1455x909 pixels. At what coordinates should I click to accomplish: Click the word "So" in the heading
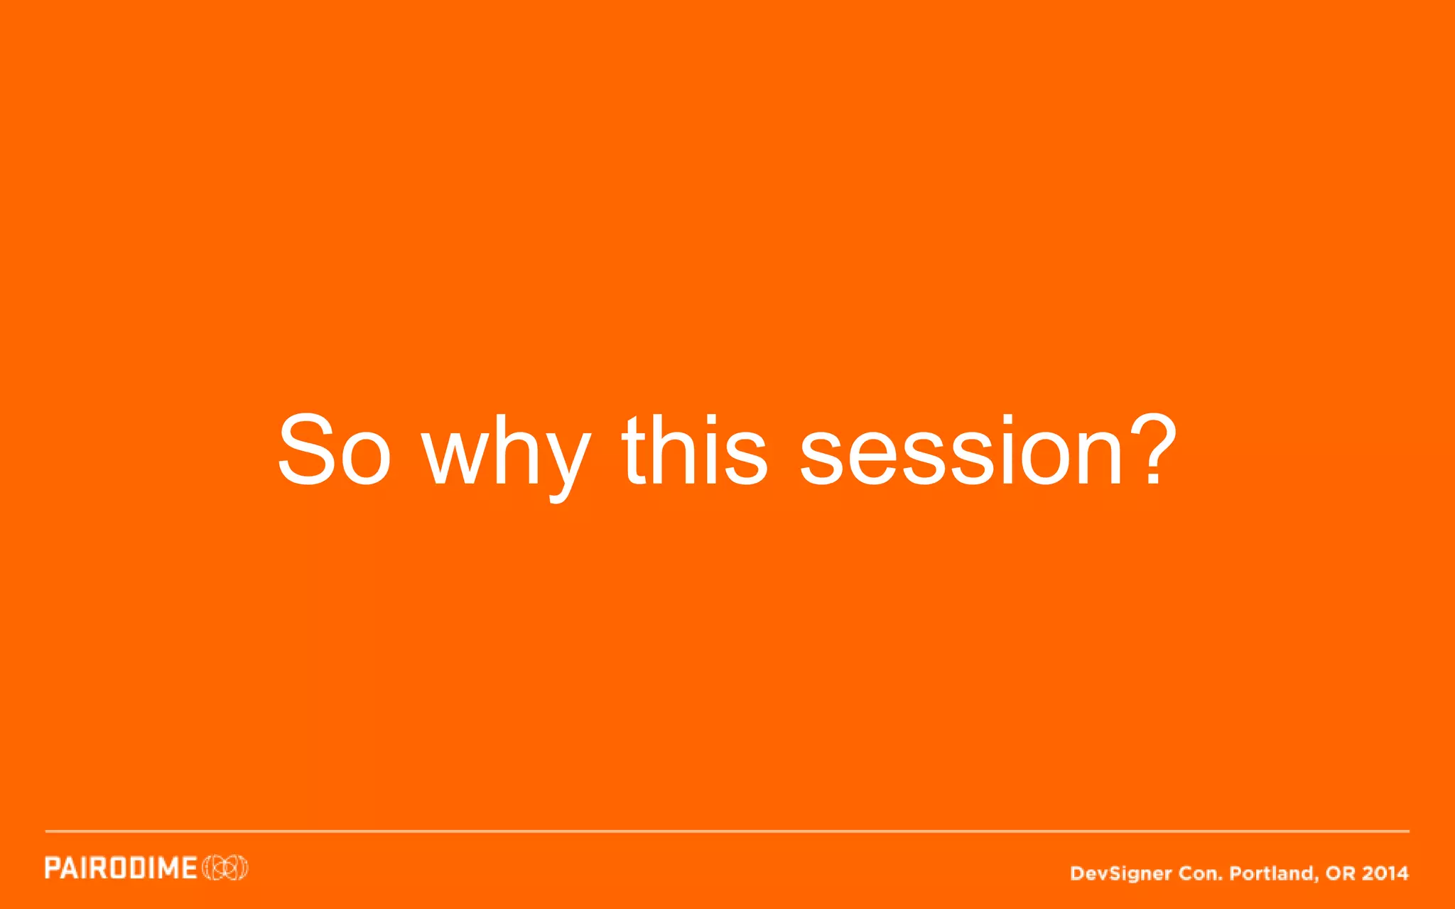[334, 451]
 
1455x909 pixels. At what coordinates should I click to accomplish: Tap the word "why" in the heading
[506, 454]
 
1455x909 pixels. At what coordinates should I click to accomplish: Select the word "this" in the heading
[695, 451]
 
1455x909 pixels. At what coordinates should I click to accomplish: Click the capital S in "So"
[307, 450]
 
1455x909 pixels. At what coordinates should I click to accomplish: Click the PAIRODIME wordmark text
[121, 868]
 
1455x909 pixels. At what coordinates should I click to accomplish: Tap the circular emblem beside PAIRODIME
[225, 868]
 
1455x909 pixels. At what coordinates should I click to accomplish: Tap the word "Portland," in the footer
[1274, 873]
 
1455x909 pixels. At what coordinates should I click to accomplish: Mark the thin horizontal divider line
[727, 830]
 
